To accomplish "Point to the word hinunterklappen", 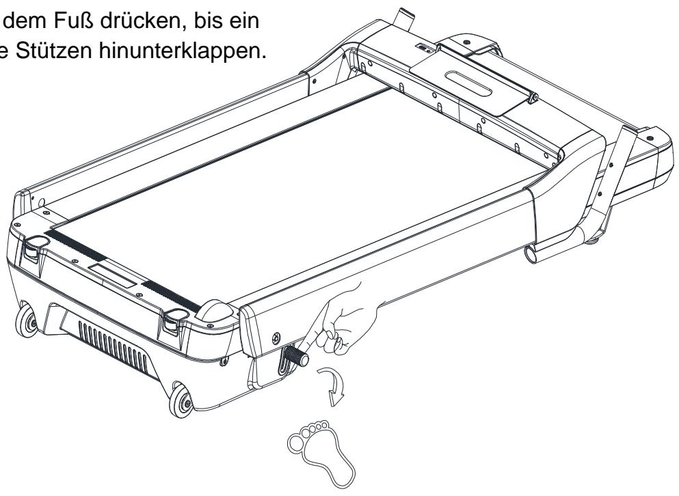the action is click(182, 52).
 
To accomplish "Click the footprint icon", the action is click(321, 452).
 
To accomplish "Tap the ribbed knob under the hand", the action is click(295, 356).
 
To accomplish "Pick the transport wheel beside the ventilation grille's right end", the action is click(181, 400).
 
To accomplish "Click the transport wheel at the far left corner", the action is click(27, 321).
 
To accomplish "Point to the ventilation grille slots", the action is click(114, 347).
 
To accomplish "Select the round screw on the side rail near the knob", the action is click(276, 337).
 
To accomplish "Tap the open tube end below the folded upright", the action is click(531, 253).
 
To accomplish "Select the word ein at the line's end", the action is click(245, 21).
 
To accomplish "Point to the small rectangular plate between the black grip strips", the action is click(113, 276).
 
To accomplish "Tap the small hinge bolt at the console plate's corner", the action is click(534, 98).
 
